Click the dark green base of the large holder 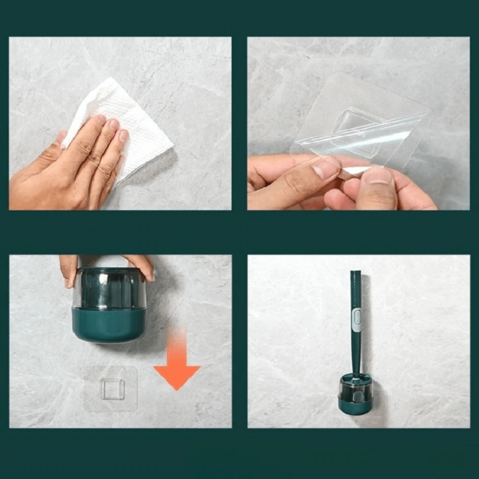(109, 326)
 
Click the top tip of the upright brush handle (355, 274)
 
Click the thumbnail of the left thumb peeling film (326, 168)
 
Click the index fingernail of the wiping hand (101, 120)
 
